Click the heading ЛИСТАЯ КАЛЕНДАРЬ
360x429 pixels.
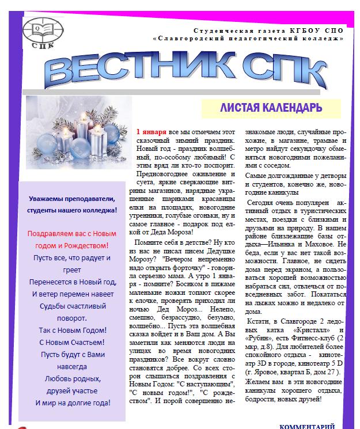(x=270, y=108)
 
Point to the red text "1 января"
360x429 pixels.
(x=150, y=132)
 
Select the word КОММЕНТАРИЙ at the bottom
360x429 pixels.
(x=307, y=426)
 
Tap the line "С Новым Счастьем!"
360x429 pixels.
(x=72, y=342)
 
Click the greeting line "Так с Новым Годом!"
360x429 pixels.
(x=72, y=330)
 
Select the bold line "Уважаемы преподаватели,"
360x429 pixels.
(x=72, y=199)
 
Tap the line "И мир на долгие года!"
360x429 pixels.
(x=72, y=403)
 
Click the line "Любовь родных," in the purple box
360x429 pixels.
(x=72, y=378)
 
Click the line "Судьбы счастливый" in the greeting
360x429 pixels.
(x=72, y=306)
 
